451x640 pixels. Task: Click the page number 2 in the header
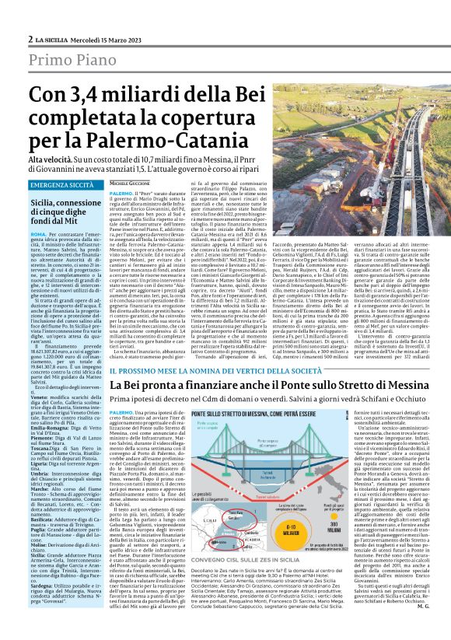(30, 39)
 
